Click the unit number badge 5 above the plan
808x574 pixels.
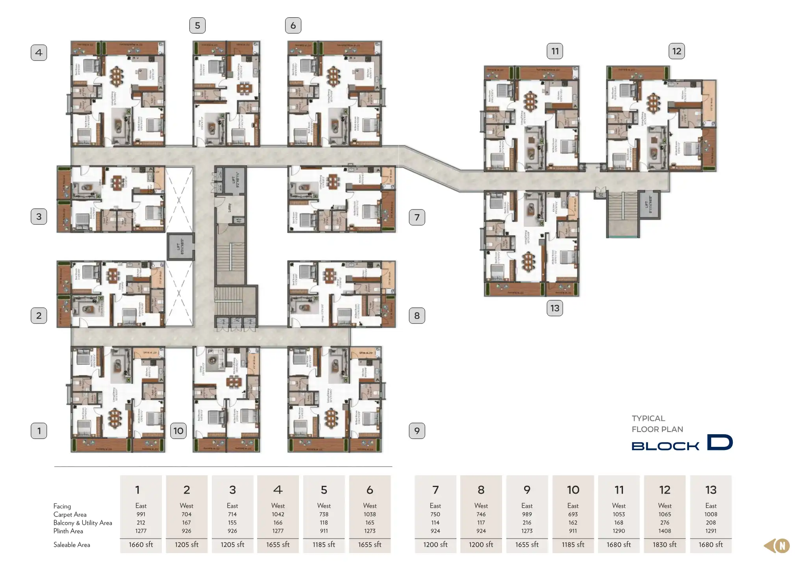pos(197,26)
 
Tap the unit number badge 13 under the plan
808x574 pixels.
pos(554,308)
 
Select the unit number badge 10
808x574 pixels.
pos(178,431)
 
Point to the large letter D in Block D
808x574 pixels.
pos(719,442)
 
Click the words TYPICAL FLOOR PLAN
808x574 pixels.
pos(657,424)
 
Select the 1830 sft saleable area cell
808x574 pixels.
pos(664,544)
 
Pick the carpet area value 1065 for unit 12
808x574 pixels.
pos(664,514)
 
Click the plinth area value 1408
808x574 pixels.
pos(664,531)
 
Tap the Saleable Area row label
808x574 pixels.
pos(72,545)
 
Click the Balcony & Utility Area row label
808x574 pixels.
pos(83,523)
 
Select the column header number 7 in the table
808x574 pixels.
pos(435,490)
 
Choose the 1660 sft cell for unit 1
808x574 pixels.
pos(141,544)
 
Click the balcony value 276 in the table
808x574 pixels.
pos(664,522)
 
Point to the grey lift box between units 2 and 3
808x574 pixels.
pos(181,246)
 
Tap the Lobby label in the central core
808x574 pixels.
pos(229,208)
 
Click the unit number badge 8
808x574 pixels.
pos(417,315)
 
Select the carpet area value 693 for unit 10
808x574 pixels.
pos(573,514)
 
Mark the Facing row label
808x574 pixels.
pos(62,506)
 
